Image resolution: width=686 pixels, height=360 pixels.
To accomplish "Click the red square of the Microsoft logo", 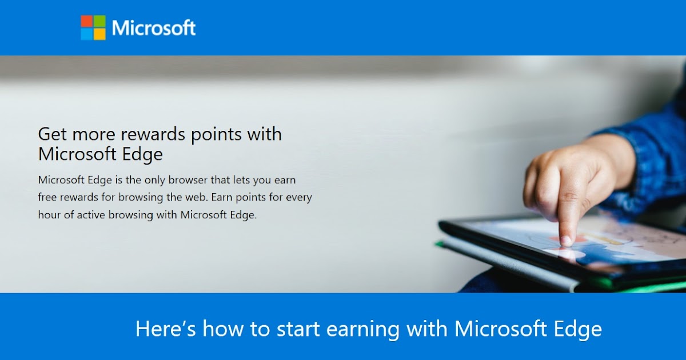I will (86, 21).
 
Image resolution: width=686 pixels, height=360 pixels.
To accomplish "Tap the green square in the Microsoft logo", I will (99, 21).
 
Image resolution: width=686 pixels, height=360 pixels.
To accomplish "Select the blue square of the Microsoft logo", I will (86, 34).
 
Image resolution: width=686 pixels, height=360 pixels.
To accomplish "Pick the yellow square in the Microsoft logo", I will (99, 34).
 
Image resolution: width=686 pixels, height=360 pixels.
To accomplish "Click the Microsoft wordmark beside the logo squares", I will (154, 28).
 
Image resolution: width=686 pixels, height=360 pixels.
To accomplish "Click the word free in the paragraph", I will (47, 197).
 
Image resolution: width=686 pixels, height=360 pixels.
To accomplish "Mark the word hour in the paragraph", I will (49, 215).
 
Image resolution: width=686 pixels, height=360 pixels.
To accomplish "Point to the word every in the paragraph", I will (298, 197).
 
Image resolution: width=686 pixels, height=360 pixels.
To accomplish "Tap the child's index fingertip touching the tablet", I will (565, 241).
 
